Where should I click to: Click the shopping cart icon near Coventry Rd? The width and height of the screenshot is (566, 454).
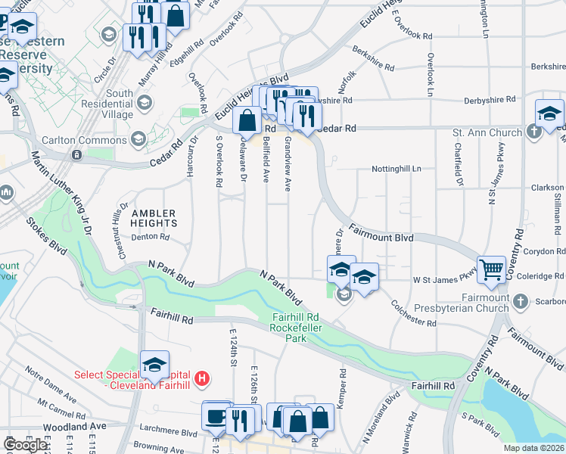[492, 269]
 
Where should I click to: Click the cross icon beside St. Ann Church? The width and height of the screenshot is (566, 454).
[534, 132]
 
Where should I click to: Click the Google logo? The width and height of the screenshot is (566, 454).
[25, 444]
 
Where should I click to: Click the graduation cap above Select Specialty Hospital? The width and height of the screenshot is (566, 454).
[154, 365]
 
